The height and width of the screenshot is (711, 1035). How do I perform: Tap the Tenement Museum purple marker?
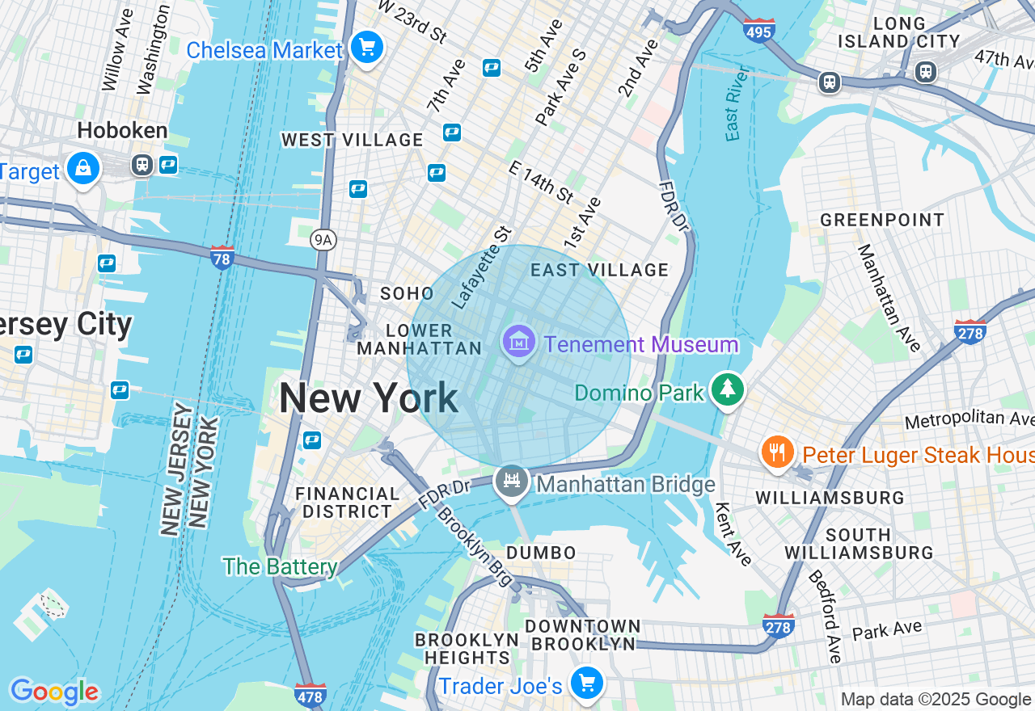[x=518, y=343]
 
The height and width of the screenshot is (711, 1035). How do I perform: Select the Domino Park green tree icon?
[x=728, y=390]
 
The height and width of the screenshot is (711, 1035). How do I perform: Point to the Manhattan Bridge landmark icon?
[x=512, y=482]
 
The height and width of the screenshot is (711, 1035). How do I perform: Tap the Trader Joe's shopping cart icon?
[x=587, y=684]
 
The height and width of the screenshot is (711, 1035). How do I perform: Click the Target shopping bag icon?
[x=83, y=169]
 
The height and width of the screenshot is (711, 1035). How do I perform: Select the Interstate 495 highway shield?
[x=758, y=30]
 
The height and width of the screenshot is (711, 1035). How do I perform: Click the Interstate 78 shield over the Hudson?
[x=222, y=258]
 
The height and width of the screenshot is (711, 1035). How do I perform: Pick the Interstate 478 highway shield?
[x=310, y=695]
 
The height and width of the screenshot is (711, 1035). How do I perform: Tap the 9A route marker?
[x=322, y=239]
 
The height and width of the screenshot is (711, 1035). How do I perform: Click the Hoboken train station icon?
[x=142, y=165]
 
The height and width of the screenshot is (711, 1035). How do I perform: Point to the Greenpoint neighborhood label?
[x=881, y=220]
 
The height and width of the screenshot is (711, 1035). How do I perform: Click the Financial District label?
[x=347, y=503]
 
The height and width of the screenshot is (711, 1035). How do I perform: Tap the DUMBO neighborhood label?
[x=541, y=553]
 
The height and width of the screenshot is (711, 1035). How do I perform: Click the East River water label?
[x=733, y=113]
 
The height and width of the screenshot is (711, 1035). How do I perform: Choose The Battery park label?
[x=280, y=566]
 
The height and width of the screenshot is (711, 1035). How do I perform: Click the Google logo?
[x=54, y=692]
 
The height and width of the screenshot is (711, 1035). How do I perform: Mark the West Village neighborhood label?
[x=352, y=140]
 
